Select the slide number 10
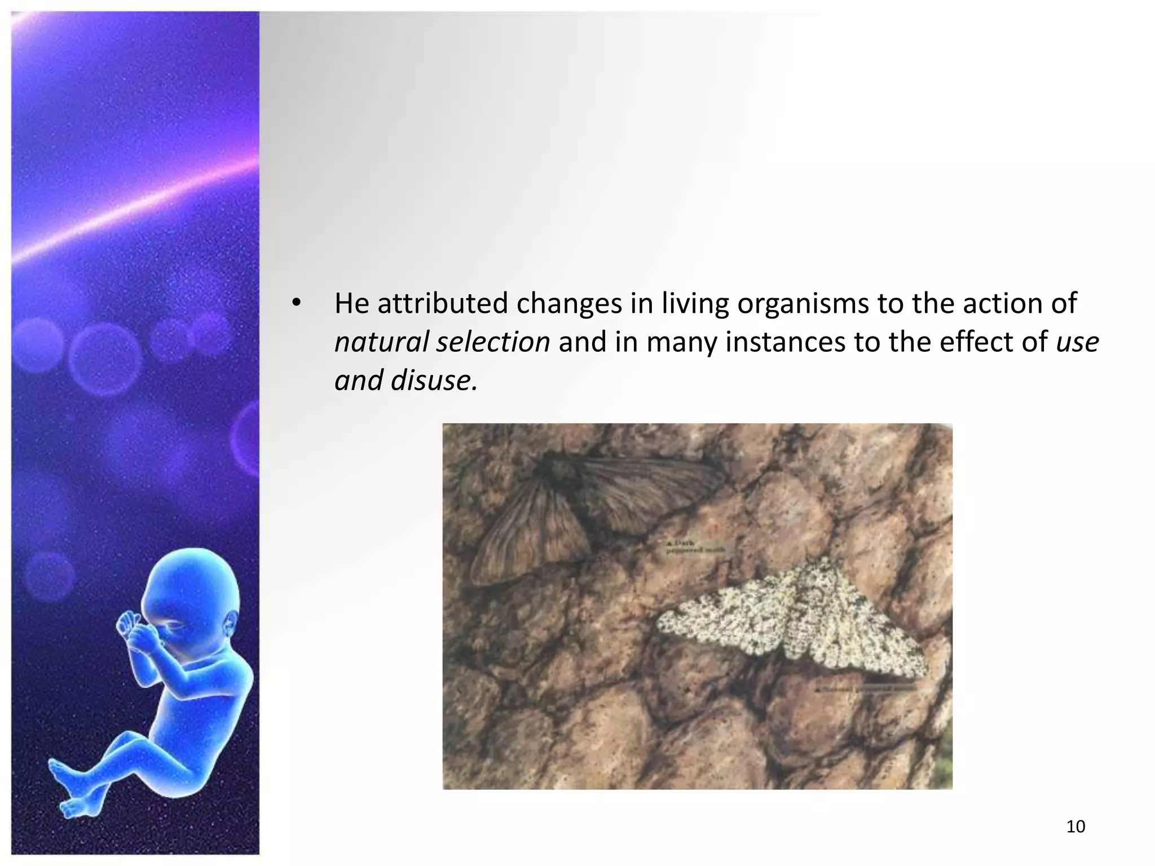[x=1076, y=827]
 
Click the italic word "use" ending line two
[x=1077, y=342]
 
